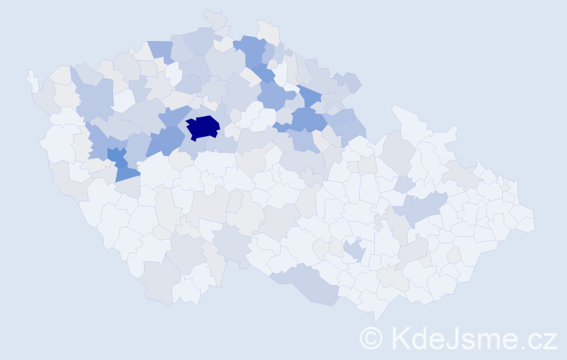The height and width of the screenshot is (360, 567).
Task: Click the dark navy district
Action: tap(203, 127)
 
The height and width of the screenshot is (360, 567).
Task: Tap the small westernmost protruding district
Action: tap(32, 78)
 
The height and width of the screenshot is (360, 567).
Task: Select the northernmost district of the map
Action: tap(213, 16)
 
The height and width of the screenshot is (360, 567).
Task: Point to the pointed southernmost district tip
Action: tap(377, 317)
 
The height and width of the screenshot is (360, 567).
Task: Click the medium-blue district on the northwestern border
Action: tap(161, 50)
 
